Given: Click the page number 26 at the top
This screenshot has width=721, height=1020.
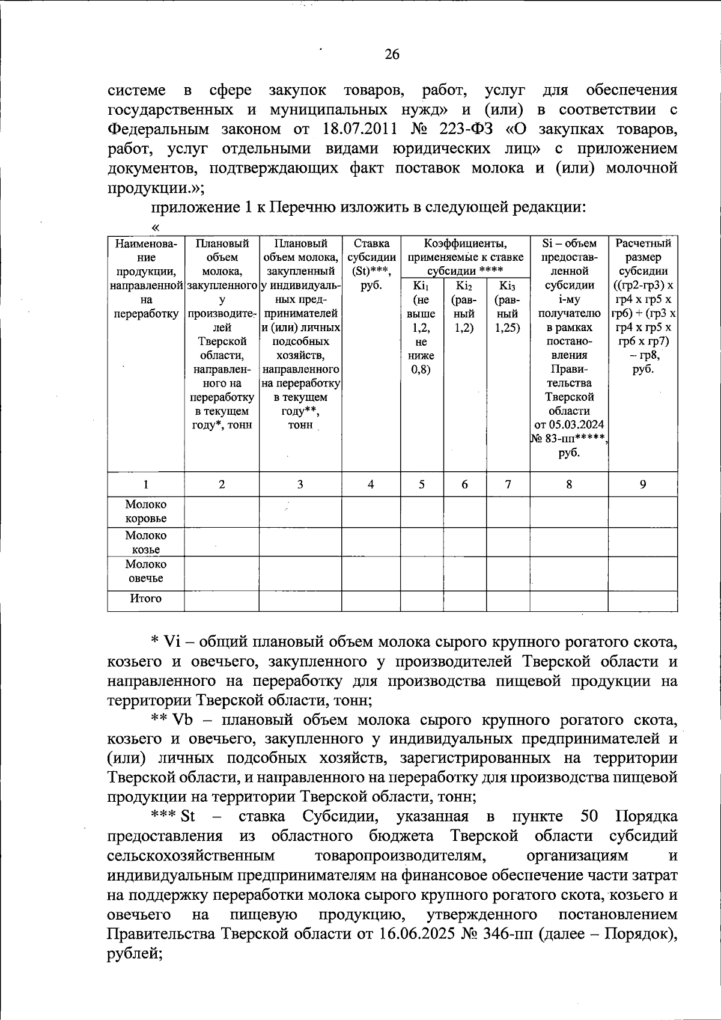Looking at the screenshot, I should (x=392, y=55).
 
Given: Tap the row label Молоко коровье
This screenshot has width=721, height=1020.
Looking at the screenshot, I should (x=146, y=512).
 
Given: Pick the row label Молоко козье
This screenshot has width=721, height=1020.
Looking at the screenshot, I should (x=146, y=542).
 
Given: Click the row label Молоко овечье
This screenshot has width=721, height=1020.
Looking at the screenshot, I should (x=146, y=572).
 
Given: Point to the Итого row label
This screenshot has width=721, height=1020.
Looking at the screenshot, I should (x=146, y=599).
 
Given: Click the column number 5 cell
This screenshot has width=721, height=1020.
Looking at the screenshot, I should (x=422, y=484).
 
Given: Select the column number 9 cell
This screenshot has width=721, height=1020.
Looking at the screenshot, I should (x=642, y=484).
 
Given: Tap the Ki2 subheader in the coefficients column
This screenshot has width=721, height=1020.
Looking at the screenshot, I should (x=464, y=286).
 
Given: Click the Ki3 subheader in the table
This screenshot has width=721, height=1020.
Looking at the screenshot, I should (x=508, y=286).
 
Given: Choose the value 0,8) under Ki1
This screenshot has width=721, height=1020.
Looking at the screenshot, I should (x=421, y=370).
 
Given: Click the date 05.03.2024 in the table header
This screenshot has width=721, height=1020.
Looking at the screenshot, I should (x=569, y=425).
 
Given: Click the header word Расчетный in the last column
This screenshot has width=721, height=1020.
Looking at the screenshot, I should (x=642, y=243).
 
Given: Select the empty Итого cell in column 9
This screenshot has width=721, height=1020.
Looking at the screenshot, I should (x=642, y=600).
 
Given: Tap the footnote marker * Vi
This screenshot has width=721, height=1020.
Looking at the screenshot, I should (x=166, y=643).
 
